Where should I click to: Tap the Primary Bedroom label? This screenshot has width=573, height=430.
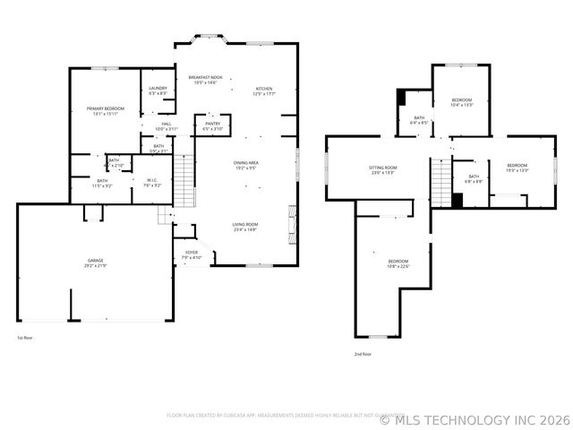(x=106, y=111)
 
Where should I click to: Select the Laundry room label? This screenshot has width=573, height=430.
(x=158, y=90)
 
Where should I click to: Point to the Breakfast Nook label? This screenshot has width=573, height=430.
(x=205, y=80)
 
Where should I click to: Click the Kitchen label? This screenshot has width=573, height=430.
(x=264, y=90)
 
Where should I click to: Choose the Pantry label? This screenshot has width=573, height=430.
(x=213, y=126)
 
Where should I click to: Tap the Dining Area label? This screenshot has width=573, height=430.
(x=246, y=165)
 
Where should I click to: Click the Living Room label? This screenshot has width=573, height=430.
(x=245, y=228)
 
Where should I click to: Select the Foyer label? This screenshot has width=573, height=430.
(x=192, y=255)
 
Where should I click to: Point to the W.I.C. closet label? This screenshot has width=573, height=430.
(x=152, y=183)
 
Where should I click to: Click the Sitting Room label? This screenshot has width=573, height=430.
(x=383, y=170)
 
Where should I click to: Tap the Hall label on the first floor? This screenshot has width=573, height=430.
(x=167, y=126)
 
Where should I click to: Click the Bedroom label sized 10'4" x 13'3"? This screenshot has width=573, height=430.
(x=462, y=101)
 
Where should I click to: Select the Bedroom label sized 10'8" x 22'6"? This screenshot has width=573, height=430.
(x=398, y=263)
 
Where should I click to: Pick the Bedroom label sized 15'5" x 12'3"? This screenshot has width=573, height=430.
(x=517, y=168)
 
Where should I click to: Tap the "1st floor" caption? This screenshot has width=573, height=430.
(x=26, y=338)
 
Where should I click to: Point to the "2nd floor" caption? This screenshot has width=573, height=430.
(x=363, y=354)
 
